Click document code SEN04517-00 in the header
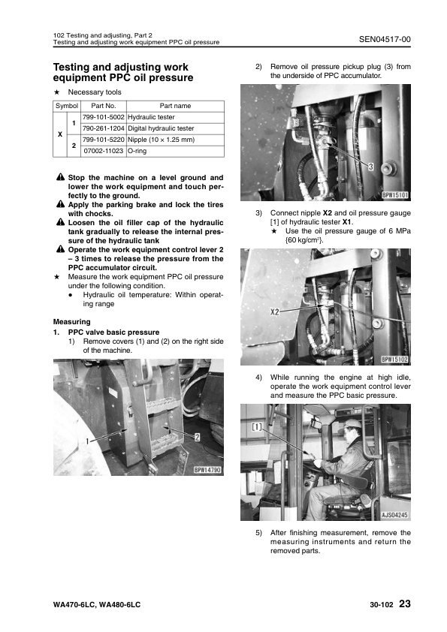click(x=385, y=39)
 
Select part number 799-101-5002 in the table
click(x=103, y=117)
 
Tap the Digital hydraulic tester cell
click(x=161, y=128)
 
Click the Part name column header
click(x=175, y=106)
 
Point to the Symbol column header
click(x=67, y=106)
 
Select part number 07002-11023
click(x=103, y=151)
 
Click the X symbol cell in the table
click(x=59, y=134)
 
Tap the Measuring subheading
click(x=72, y=322)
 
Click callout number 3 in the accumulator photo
click(x=371, y=167)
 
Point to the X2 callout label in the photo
click(x=275, y=312)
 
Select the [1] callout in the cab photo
click(x=257, y=426)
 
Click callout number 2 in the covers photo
click(x=198, y=438)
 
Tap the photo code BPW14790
click(x=207, y=470)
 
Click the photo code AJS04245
click(x=394, y=515)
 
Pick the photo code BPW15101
click(x=395, y=195)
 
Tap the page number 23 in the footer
click(x=405, y=603)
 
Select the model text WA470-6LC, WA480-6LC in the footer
click(x=97, y=604)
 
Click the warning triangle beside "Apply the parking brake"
click(x=61, y=204)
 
